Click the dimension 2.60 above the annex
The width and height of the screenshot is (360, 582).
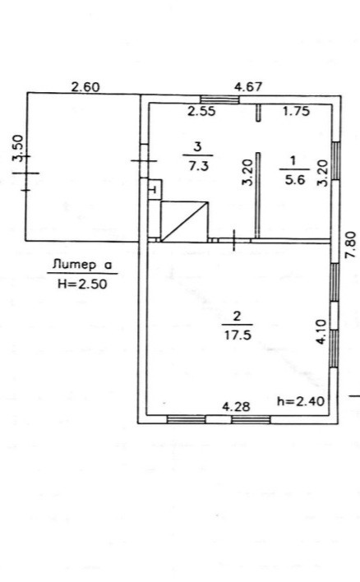[x=85, y=87]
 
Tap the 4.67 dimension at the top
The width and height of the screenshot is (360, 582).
[x=248, y=87]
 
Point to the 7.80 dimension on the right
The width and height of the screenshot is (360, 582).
[x=350, y=245]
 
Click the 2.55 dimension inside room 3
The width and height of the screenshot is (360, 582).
[x=201, y=111]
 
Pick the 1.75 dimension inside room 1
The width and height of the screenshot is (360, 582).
[x=296, y=111]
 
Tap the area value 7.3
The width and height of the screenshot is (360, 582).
[x=199, y=165]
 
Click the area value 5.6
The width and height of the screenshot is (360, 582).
[x=295, y=180]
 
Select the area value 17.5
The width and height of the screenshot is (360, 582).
[x=238, y=335]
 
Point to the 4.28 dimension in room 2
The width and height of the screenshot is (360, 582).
[x=236, y=407]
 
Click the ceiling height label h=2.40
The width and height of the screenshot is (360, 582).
[x=301, y=401]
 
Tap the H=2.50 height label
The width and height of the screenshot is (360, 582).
[x=82, y=284]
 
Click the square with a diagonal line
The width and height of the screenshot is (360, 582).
[x=184, y=222]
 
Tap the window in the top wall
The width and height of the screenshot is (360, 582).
[x=219, y=99]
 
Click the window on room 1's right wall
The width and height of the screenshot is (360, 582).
[x=335, y=161]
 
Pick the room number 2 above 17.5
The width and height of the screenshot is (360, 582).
[x=237, y=316]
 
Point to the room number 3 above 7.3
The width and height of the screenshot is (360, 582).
[x=198, y=147]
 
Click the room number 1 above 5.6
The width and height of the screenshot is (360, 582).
[x=293, y=161]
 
